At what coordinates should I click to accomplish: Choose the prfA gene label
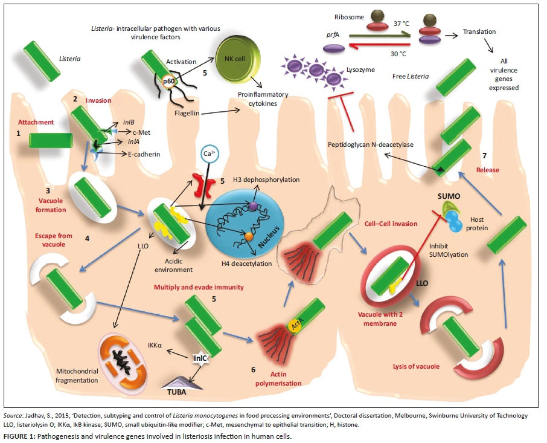330,34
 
